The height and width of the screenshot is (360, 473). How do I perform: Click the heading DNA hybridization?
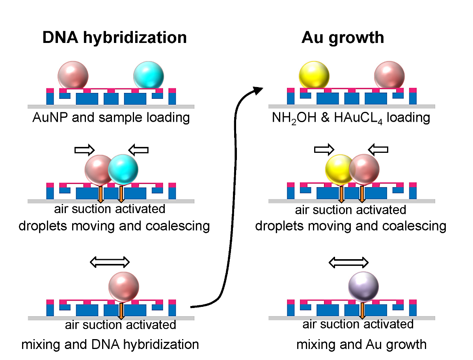click(114, 37)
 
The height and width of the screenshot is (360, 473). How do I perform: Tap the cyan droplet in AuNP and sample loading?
click(149, 76)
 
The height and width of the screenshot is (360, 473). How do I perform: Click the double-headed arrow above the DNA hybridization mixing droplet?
click(110, 262)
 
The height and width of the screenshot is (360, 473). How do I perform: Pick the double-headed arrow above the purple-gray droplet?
click(349, 262)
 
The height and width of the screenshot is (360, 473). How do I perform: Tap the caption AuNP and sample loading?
click(111, 117)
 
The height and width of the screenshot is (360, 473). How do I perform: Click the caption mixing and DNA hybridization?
click(110, 345)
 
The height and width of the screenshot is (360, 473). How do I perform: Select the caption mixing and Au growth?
click(361, 345)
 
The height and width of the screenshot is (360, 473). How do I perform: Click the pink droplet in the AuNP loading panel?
click(73, 76)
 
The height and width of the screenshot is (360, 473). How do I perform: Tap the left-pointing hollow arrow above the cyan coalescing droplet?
click(138, 150)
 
